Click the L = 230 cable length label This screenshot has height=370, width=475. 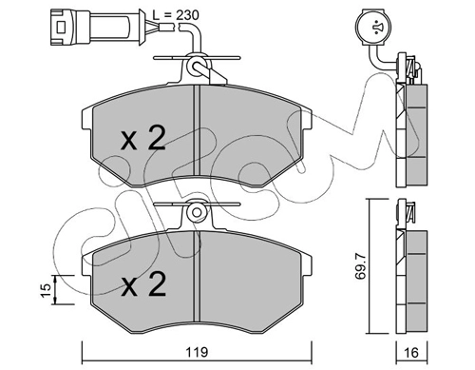coord(176,15)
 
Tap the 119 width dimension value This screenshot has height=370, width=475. coord(197,352)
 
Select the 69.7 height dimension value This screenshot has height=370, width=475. coord(360,265)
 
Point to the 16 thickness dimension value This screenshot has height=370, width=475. coord(411,353)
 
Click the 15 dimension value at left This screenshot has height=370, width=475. coord(46,290)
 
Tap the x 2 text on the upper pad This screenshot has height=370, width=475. coord(143,138)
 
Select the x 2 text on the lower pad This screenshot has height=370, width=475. coord(143,284)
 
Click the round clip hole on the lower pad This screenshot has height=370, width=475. coord(197,212)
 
